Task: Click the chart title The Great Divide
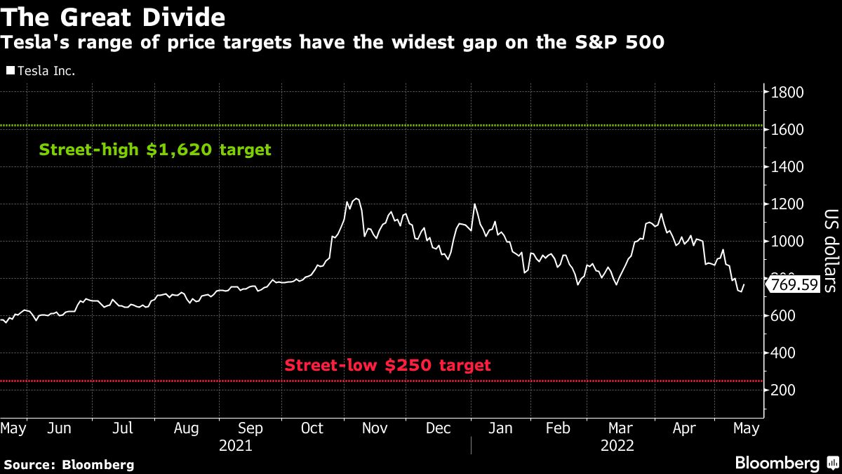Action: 114,16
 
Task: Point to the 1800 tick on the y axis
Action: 788,93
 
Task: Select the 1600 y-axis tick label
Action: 788,130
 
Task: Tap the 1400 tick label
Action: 788,167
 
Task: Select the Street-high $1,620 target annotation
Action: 154,150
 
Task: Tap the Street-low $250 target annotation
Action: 387,365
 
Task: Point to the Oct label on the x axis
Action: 312,428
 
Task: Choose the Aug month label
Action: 186,428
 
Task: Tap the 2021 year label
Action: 235,445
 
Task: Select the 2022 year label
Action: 617,445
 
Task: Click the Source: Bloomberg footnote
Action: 69,464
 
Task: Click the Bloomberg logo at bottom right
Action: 786,463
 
